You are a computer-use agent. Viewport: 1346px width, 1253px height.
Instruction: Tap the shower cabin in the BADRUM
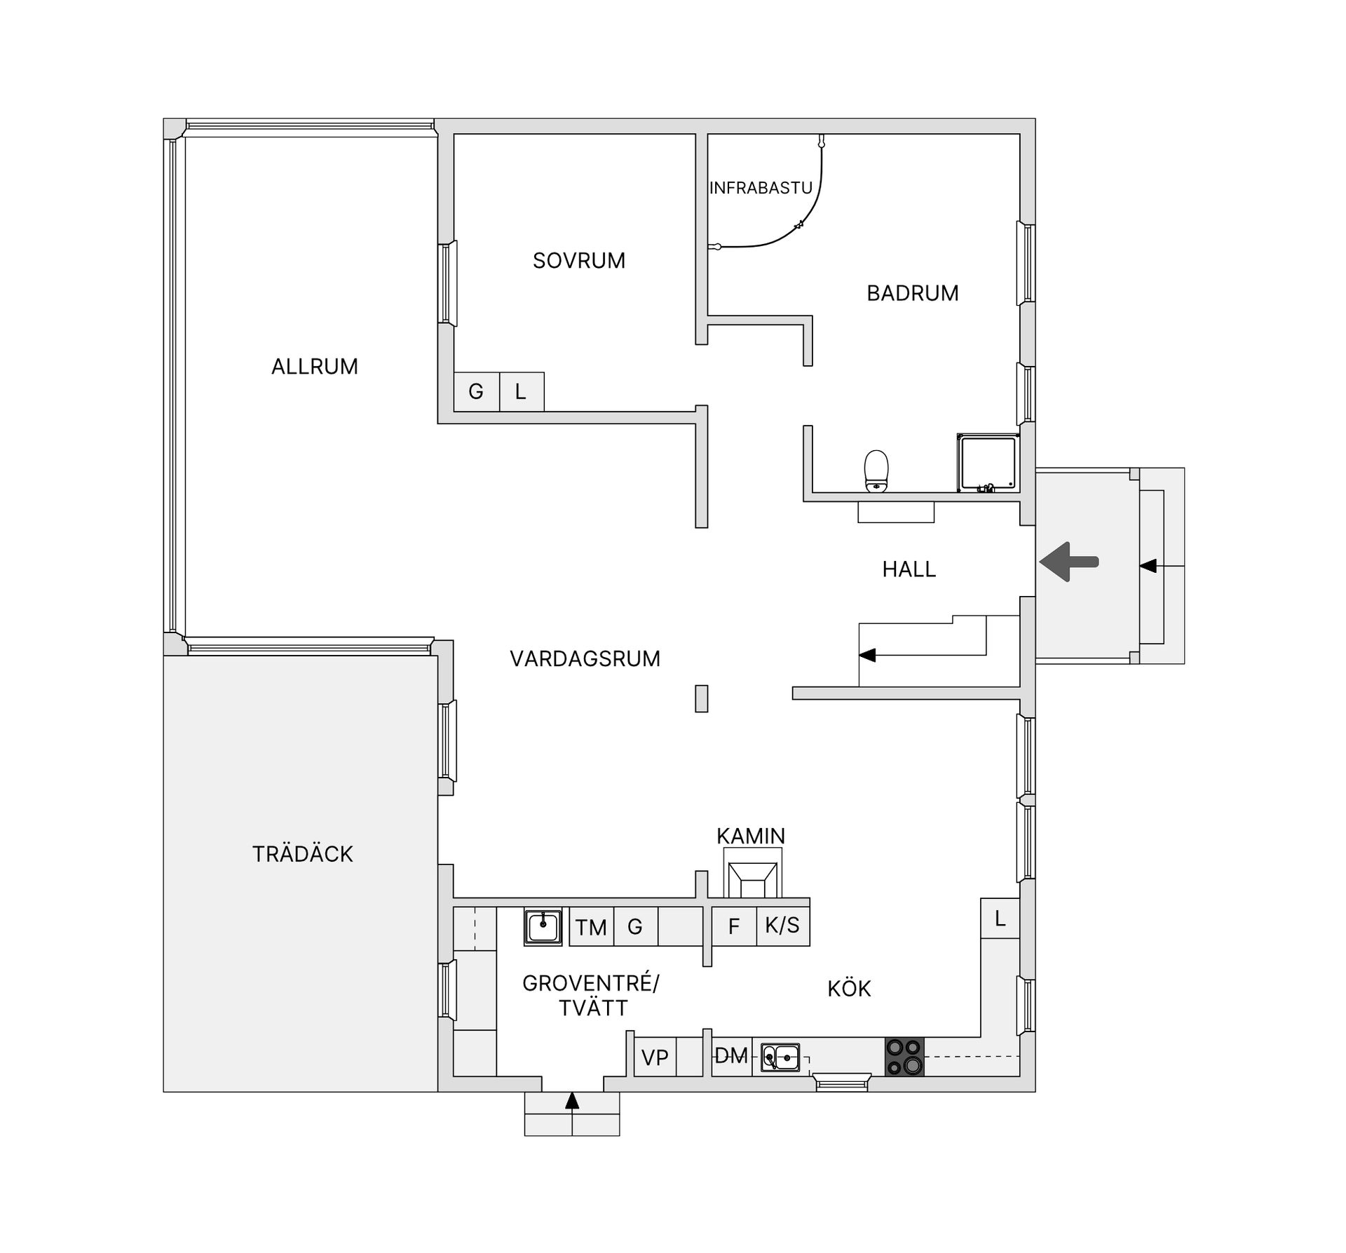pyautogui.click(x=988, y=463)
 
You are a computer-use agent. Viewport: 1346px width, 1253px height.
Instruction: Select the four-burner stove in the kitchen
pyautogui.click(x=904, y=1057)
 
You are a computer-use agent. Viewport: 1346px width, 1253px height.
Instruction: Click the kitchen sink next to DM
pyautogui.click(x=780, y=1057)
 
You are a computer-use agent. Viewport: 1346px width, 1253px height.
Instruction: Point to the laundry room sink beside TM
pyautogui.click(x=543, y=927)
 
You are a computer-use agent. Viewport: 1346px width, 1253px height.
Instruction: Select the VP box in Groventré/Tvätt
pyautogui.click(x=655, y=1057)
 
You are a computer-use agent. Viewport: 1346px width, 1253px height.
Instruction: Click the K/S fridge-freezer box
pyautogui.click(x=782, y=926)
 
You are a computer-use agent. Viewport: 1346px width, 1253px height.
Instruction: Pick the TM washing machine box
pyautogui.click(x=591, y=927)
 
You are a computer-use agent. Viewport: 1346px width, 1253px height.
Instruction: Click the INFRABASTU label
pyautogui.click(x=761, y=188)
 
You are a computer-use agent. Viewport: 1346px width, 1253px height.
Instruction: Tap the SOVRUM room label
pyautogui.click(x=578, y=261)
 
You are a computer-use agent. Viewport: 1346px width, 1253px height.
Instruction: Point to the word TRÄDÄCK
pyautogui.click(x=302, y=854)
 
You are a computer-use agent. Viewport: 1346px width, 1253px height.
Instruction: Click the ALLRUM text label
pyautogui.click(x=314, y=367)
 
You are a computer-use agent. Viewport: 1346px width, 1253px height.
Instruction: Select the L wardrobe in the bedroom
pyautogui.click(x=521, y=391)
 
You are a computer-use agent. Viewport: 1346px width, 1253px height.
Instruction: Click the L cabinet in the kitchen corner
pyautogui.click(x=1000, y=918)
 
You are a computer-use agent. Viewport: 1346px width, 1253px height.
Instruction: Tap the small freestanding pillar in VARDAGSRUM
pyautogui.click(x=701, y=698)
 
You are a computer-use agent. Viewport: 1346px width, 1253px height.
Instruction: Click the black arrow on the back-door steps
pyautogui.click(x=572, y=1101)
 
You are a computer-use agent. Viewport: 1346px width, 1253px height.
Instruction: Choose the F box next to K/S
pyautogui.click(x=733, y=926)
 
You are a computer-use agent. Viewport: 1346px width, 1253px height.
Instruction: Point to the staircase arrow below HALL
pyautogui.click(x=868, y=656)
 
